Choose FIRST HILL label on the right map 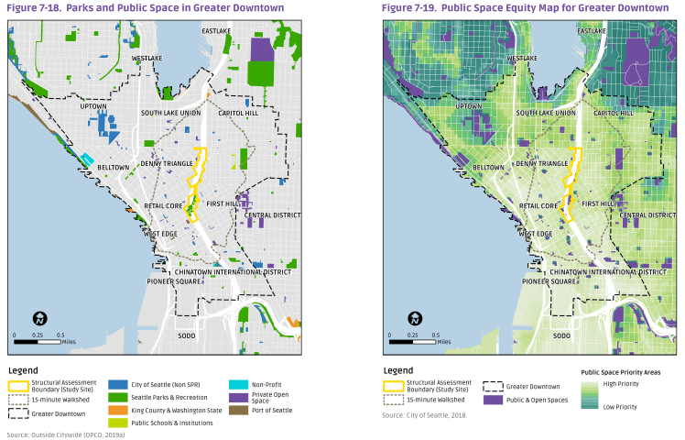[596, 203]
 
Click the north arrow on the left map [40, 319]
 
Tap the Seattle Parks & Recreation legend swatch [117, 397]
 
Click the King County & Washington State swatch [117, 410]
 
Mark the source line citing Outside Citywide [66, 434]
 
